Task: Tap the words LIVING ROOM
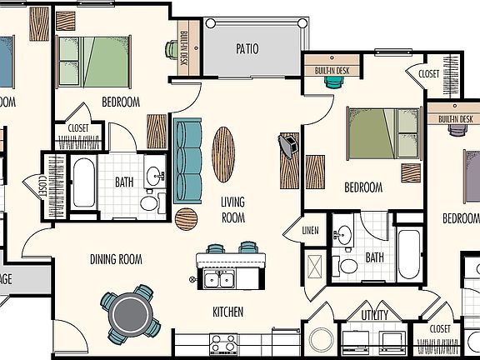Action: [x=232, y=209]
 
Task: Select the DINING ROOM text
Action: [x=116, y=259]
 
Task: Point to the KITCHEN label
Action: [x=227, y=312]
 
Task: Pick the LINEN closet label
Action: [x=310, y=230]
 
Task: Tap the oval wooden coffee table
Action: [x=223, y=153]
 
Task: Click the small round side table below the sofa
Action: [x=187, y=218]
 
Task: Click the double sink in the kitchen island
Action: [x=221, y=277]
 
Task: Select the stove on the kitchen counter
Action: [x=223, y=343]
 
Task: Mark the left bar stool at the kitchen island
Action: [x=216, y=248]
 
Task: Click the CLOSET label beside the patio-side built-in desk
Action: [x=428, y=74]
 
